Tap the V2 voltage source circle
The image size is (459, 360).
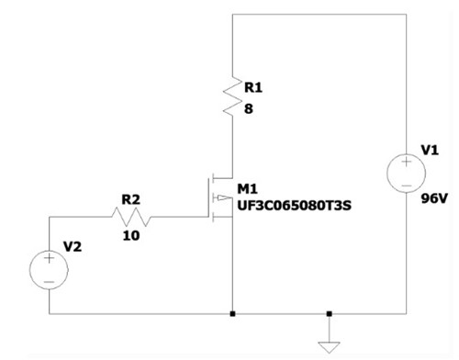(49, 269)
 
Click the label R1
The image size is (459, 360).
(252, 88)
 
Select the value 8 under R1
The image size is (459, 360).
(248, 108)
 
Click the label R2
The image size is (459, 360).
(131, 197)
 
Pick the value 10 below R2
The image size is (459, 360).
(132, 236)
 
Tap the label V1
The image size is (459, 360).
(430, 150)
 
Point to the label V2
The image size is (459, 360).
(73, 246)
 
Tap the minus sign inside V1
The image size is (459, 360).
(406, 184)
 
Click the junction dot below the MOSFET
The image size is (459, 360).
(233, 313)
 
